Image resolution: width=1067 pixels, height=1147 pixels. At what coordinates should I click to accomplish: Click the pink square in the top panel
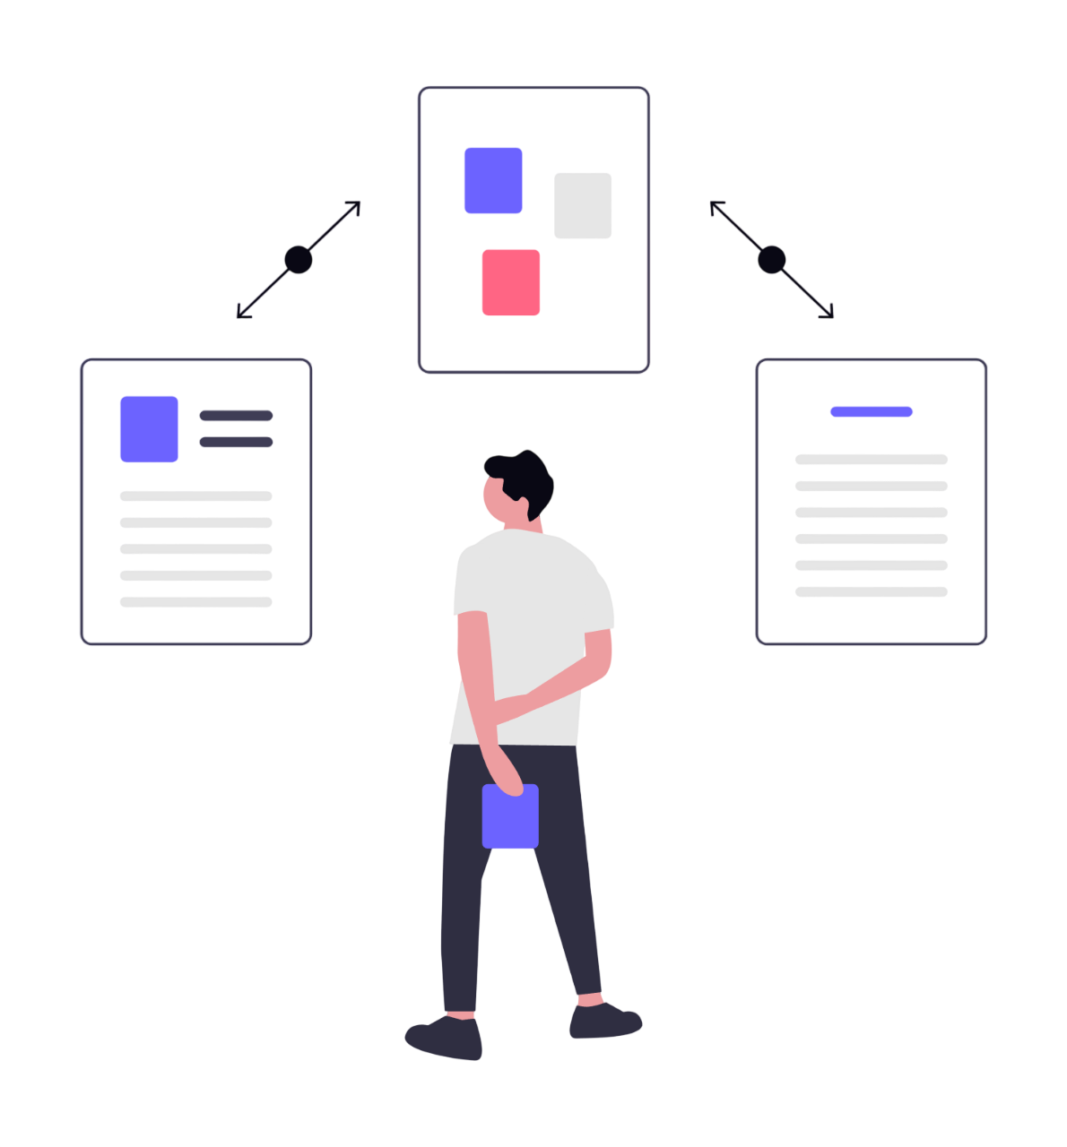(x=511, y=282)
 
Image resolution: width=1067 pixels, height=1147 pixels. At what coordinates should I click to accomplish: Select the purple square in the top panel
(x=493, y=181)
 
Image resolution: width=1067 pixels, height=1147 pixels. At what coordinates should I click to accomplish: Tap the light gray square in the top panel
(x=583, y=206)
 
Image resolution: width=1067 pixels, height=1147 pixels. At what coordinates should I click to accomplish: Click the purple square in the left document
(x=149, y=429)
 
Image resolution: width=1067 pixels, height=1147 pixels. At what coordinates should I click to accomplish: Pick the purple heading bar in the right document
(x=872, y=412)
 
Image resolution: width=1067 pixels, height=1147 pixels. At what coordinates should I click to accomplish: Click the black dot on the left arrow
(x=299, y=260)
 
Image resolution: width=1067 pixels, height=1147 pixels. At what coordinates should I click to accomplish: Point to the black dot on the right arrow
(x=772, y=260)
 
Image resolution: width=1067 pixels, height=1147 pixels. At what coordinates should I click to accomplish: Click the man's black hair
(x=525, y=475)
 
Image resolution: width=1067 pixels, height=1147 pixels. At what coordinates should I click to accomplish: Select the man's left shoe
(x=444, y=1038)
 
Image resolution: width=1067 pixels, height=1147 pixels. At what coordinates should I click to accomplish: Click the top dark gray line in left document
(x=236, y=416)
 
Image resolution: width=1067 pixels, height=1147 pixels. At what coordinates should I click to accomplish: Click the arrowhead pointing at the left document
(x=242, y=311)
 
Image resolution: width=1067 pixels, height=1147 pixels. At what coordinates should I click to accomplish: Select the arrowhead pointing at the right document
(x=828, y=311)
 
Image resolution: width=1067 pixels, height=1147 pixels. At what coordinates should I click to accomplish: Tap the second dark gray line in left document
(x=236, y=443)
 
